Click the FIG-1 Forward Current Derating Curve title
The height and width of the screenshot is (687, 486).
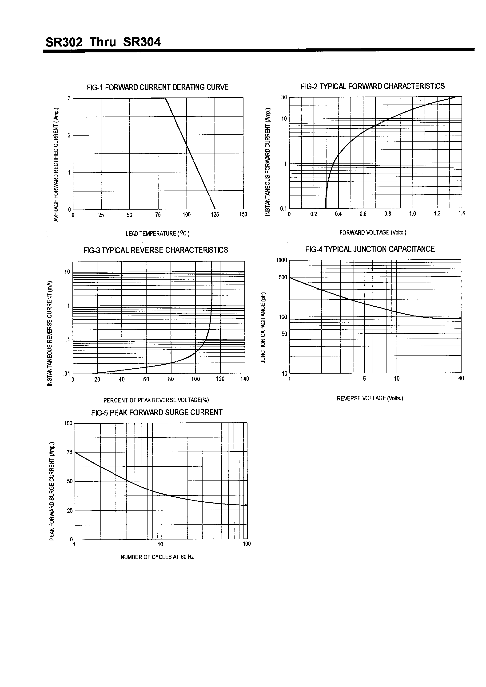158,87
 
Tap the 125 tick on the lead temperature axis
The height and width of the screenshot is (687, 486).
215,215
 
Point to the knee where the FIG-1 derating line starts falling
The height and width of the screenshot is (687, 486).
165,98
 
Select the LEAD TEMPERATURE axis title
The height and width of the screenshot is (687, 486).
158,233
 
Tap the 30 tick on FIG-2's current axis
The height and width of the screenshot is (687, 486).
284,97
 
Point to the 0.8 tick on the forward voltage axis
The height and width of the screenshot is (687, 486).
388,214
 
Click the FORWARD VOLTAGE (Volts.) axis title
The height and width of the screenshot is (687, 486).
373,233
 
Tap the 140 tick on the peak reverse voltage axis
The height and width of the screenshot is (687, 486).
244,379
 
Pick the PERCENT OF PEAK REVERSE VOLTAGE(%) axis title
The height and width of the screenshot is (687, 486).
156,400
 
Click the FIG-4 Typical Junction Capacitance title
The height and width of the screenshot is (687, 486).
370,249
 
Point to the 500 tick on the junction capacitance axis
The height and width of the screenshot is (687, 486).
283,277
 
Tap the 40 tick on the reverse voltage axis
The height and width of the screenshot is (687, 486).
461,378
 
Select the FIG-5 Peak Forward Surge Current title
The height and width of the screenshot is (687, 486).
157,412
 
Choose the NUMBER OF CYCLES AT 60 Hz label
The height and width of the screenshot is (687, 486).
157,557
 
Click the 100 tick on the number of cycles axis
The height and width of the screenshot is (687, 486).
247,544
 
